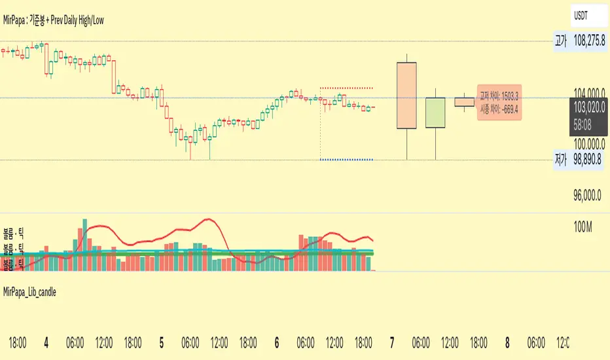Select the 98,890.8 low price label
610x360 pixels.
point(588,160)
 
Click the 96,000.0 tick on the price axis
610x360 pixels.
point(588,194)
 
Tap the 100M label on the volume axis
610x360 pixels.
point(582,227)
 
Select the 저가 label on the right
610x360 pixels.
point(560,160)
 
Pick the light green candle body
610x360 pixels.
point(435,113)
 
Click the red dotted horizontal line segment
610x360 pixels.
point(346,88)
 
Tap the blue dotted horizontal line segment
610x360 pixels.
point(346,160)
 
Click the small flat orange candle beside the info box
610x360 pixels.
point(465,101)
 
